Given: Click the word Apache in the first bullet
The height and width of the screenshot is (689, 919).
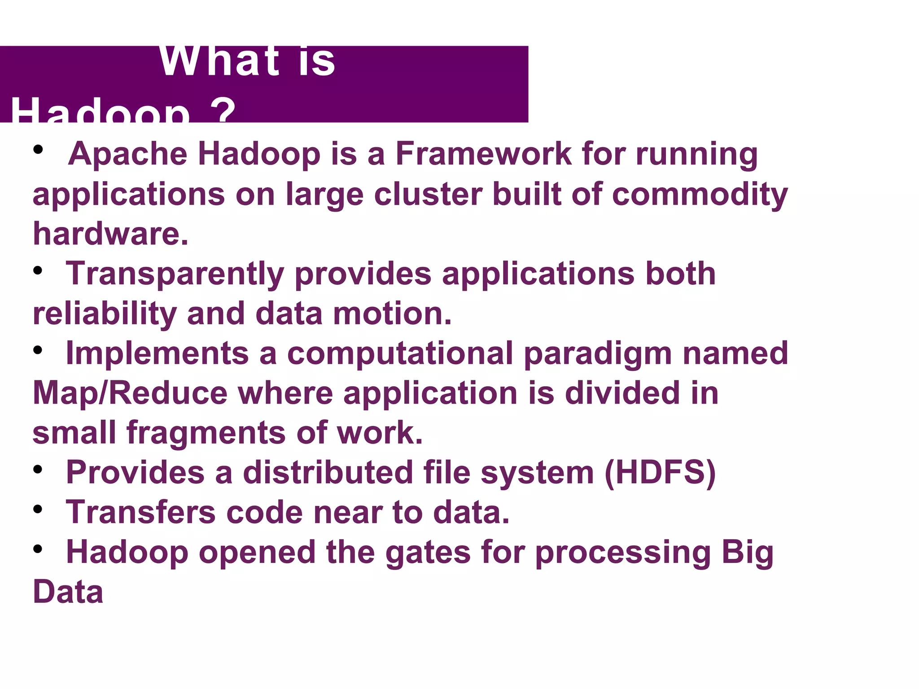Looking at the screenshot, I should click(x=127, y=154).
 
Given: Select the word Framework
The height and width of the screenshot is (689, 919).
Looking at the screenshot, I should click(x=483, y=154).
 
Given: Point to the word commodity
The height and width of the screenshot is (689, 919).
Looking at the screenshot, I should click(x=700, y=194).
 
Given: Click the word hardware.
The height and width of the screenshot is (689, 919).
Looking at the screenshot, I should click(x=110, y=234).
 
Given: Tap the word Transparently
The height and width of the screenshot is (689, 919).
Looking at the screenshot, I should click(x=175, y=274).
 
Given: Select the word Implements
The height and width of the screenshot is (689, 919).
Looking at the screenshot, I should click(x=157, y=353).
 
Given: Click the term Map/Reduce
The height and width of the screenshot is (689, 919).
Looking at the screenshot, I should click(x=130, y=393).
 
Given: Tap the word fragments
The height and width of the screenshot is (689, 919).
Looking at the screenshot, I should click(x=206, y=433).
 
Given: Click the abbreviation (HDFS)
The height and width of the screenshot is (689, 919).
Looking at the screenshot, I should click(x=660, y=472).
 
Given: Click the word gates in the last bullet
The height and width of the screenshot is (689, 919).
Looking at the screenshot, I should click(x=428, y=553).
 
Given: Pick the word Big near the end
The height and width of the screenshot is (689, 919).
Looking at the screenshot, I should click(x=748, y=553).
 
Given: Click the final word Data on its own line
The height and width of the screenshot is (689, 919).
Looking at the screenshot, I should click(x=68, y=592).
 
